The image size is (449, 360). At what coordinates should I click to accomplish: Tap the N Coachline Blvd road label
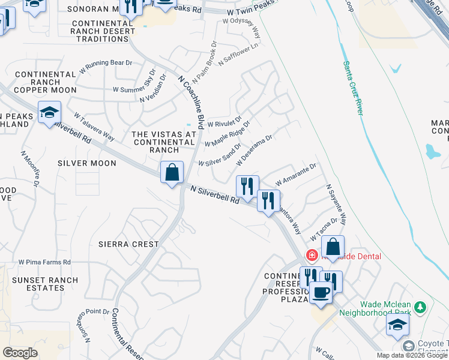193,100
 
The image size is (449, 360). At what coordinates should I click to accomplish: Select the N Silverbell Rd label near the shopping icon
215,197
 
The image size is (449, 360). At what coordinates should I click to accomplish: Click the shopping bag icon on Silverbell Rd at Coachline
172,173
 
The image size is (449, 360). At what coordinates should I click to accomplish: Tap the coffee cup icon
321,292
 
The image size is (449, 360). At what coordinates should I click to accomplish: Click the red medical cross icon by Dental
312,256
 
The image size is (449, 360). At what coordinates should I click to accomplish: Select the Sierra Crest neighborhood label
129,244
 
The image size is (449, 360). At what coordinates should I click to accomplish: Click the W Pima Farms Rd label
44,262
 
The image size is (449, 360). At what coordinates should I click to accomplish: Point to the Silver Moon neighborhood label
87,163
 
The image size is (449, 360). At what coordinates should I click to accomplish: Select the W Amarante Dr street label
295,175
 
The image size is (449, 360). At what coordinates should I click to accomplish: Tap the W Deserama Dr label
255,151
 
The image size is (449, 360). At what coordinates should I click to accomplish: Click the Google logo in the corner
20,352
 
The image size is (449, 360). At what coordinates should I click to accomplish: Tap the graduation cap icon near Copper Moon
49,112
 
